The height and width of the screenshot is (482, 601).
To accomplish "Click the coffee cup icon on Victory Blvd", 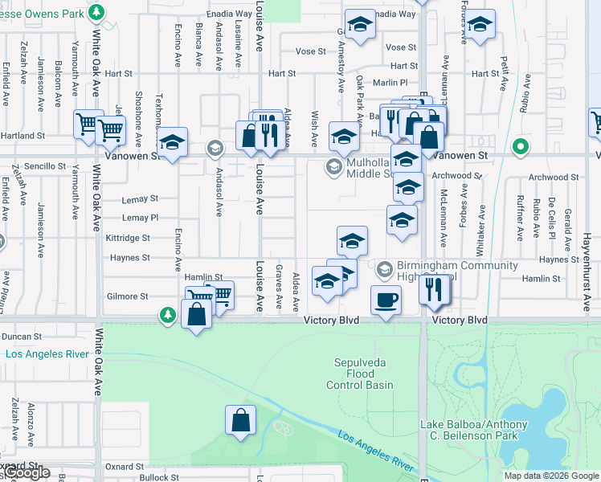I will click(386, 300).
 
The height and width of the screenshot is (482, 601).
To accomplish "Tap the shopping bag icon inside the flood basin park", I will click(240, 419).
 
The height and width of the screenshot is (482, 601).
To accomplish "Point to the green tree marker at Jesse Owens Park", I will click(96, 12).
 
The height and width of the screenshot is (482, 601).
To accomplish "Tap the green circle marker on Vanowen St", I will click(521, 148).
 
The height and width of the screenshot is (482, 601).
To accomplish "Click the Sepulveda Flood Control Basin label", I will click(359, 374).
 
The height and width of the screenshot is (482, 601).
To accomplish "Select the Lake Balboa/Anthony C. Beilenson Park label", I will click(474, 430).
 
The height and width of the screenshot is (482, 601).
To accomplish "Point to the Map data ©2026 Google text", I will click(550, 476).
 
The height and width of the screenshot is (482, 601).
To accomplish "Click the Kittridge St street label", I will click(128, 238).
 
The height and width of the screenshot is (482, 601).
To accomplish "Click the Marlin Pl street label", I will click(391, 82).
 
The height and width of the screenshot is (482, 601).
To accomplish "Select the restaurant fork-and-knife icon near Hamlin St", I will click(435, 290).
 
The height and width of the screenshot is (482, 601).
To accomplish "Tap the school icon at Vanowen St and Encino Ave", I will click(172, 143).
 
